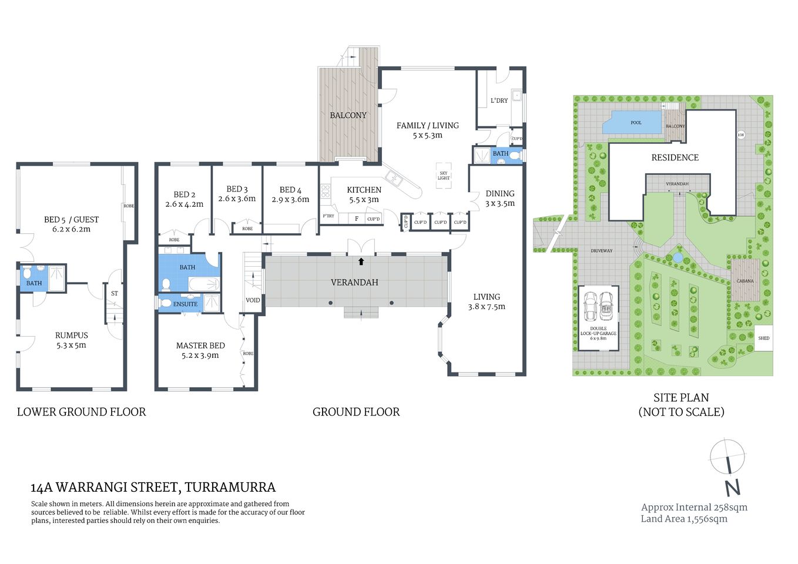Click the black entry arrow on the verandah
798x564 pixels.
(361, 261)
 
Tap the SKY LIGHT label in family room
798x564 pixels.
(444, 176)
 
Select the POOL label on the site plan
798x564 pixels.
(636, 123)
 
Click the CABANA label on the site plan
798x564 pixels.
(745, 281)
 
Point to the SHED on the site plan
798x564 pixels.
(763, 338)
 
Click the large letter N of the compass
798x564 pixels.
(732, 488)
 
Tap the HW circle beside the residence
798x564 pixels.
(741, 135)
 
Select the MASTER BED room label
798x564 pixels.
(200, 345)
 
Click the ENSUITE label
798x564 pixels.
(186, 304)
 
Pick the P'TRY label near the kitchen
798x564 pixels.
(328, 216)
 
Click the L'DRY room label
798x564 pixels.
(499, 100)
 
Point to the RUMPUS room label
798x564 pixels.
(71, 335)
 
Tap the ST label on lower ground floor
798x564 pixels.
(115, 293)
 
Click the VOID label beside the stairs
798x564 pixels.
(253, 300)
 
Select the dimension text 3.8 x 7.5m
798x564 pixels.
(487, 307)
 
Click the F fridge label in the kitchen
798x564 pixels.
(356, 219)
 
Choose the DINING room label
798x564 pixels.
(500, 193)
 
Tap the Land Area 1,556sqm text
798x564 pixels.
(684, 519)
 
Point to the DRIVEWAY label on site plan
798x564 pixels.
(601, 251)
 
